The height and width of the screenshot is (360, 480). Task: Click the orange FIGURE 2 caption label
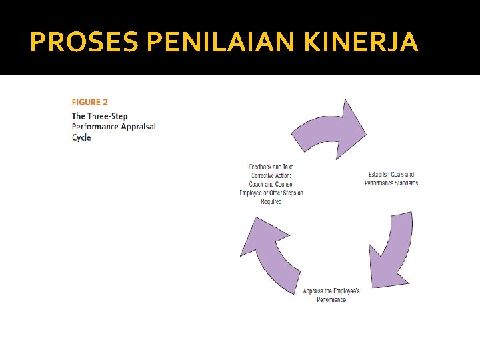click(89, 102)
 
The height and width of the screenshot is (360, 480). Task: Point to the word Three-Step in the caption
click(108, 116)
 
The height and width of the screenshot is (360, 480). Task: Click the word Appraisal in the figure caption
click(138, 127)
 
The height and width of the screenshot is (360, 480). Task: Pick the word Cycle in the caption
click(81, 138)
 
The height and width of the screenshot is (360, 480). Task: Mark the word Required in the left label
click(271, 201)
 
